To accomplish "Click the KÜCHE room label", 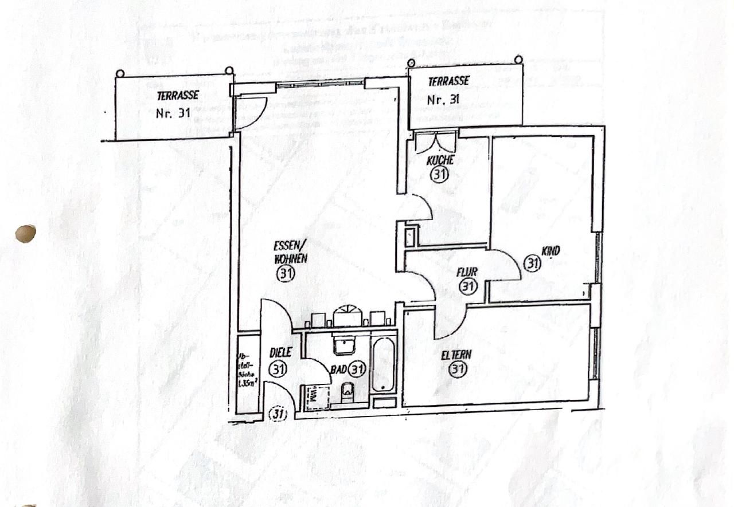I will (x=440, y=160).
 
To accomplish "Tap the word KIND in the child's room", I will (x=550, y=250).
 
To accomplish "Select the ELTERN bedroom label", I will (x=456, y=355).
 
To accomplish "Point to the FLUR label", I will (x=467, y=272).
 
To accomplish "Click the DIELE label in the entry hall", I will (x=280, y=353).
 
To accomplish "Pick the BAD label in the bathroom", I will (x=338, y=369).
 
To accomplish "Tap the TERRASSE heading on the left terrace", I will (x=178, y=95).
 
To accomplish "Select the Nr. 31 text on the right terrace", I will (x=443, y=99).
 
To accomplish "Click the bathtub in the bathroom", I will (x=383, y=365).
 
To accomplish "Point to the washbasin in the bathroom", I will (x=345, y=345).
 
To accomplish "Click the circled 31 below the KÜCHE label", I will (x=440, y=175).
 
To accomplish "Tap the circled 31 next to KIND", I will (x=533, y=264).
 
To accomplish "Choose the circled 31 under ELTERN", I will (x=457, y=370).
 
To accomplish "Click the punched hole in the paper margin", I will (x=25, y=233).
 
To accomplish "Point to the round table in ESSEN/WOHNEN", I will (x=348, y=316).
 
